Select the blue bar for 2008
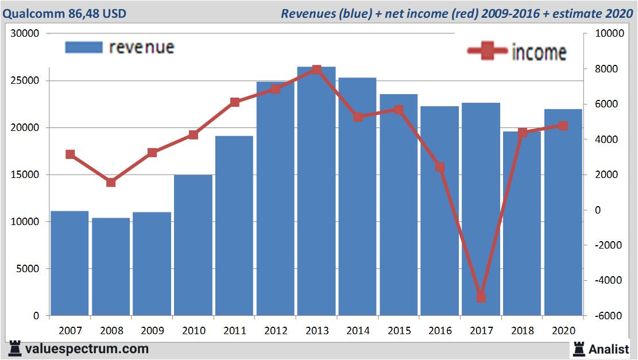(111, 267)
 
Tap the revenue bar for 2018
(522, 224)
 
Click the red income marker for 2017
(481, 297)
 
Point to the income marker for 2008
(111, 183)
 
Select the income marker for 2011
(234, 102)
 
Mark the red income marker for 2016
(440, 167)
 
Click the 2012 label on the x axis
(276, 331)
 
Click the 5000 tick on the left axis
(28, 269)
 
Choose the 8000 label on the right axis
(604, 69)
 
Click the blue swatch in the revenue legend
(84, 47)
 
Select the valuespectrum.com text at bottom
(87, 349)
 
